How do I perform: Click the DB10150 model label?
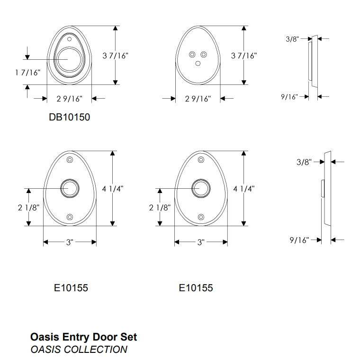69,117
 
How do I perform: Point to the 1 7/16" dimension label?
28,73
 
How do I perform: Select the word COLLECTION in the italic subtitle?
95,350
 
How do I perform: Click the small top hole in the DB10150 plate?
69,39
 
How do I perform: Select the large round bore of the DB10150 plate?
69,59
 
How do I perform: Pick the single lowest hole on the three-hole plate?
198,63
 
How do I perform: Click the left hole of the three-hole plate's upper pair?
192,55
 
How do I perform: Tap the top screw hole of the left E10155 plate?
70,159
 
